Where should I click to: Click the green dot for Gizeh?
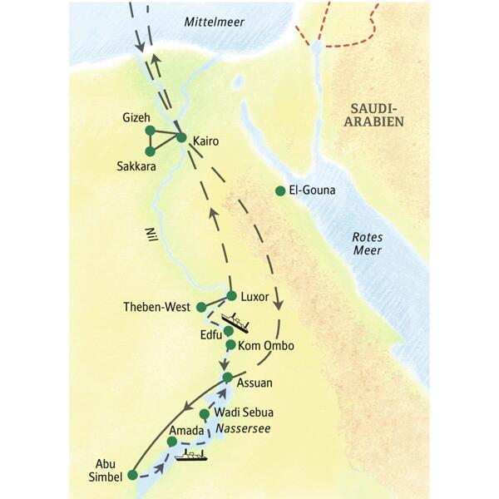click(150, 130)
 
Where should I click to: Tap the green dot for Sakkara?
click(150, 151)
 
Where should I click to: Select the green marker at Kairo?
click(181, 137)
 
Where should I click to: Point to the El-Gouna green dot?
click(280, 191)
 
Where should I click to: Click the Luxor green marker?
click(232, 295)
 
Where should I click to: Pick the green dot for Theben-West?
click(201, 307)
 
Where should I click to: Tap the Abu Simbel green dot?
click(132, 476)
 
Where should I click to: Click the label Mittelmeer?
click(215, 22)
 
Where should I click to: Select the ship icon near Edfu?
click(239, 321)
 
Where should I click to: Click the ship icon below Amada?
click(193, 455)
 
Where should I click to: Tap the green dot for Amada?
click(172, 442)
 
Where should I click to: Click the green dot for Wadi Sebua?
click(204, 413)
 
